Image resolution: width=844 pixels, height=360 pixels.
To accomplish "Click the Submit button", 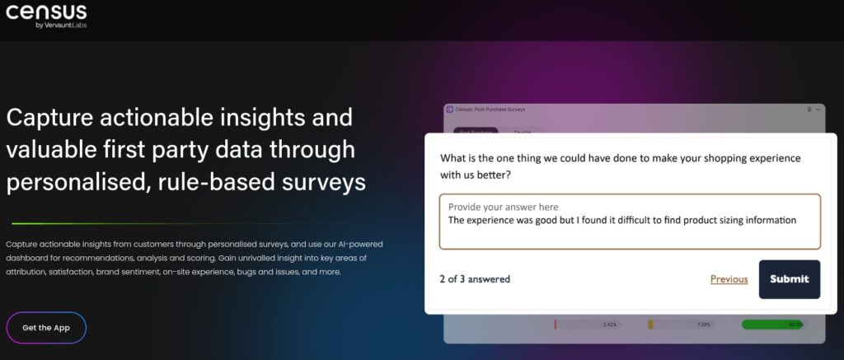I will [x=789, y=278].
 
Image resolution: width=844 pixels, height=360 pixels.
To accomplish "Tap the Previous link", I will [x=729, y=279].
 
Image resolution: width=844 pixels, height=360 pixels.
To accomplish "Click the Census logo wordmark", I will [x=46, y=12].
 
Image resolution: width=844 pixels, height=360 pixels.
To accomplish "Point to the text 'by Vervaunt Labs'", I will [x=61, y=26].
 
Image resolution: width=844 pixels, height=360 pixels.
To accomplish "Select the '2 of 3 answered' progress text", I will [x=475, y=279].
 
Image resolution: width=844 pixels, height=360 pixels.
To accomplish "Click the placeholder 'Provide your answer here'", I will [x=503, y=207].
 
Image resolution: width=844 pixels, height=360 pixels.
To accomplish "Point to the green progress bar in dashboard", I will [x=772, y=325].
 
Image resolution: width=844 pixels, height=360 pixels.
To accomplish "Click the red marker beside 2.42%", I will [x=556, y=325].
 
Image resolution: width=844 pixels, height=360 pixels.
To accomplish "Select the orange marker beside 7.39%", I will [x=650, y=325].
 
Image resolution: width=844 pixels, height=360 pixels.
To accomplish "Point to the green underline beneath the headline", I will [x=148, y=223].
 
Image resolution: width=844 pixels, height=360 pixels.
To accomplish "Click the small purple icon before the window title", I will [x=449, y=110].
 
